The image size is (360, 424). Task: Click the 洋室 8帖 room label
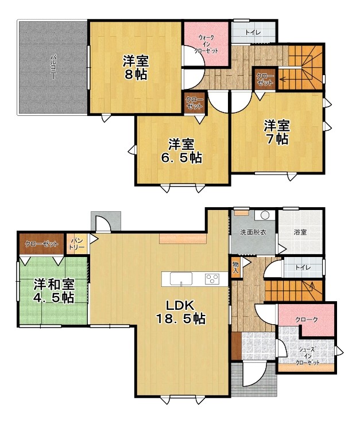[136, 68]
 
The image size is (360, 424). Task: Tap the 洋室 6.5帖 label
[181, 151]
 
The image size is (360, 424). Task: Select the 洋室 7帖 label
[277, 132]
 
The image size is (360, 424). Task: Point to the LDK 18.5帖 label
[181, 312]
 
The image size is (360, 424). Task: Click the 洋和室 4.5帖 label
[54, 291]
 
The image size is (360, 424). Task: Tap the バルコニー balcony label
[53, 67]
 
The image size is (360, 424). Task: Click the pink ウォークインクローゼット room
[206, 44]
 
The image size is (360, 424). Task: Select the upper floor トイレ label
[253, 33]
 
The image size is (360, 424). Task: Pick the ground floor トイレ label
[303, 267]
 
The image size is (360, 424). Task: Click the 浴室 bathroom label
[300, 232]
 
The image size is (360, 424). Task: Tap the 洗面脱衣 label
[253, 232]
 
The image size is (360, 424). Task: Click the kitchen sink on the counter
[181, 278]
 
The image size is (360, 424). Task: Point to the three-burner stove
[212, 279]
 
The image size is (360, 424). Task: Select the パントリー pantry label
[76, 244]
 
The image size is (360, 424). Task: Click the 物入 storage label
[235, 267]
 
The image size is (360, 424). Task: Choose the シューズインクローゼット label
[308, 356]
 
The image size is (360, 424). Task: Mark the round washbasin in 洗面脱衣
[265, 216]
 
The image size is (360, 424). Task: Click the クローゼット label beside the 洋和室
[41, 244]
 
